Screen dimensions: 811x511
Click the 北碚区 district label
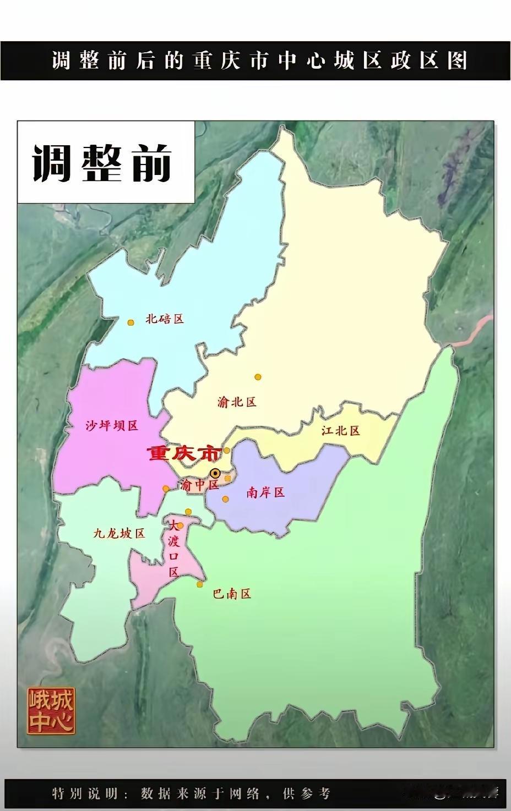[x=164, y=319]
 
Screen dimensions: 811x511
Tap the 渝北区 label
[x=237, y=402]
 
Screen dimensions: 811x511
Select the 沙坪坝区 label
[x=112, y=425]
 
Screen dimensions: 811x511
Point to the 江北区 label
[x=340, y=431]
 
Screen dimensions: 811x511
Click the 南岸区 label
[x=265, y=492]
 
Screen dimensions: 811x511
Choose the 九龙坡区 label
[x=119, y=533]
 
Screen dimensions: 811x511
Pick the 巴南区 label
[x=232, y=594]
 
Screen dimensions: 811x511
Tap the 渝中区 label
[x=199, y=485]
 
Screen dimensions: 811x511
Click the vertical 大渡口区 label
[x=174, y=548]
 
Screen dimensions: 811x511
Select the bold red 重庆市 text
[x=184, y=453]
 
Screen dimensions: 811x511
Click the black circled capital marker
[x=215, y=473]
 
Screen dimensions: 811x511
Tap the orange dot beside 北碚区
[x=131, y=323]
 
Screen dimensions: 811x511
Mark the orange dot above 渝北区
[x=258, y=377]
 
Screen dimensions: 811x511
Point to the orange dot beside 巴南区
[x=200, y=584]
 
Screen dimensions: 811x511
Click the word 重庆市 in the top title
[x=229, y=60]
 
